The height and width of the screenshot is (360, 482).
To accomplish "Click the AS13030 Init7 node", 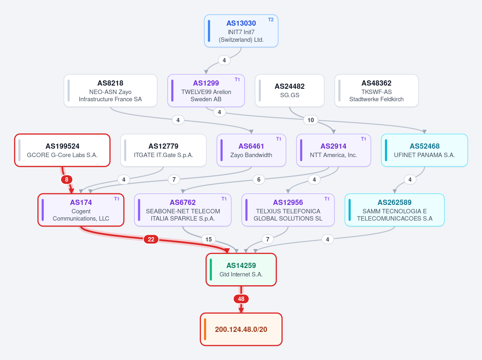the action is coord(241,31).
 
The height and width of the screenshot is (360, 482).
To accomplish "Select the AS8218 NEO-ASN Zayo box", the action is coord(111,91).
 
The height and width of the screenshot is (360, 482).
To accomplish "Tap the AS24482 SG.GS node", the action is coord(289,91).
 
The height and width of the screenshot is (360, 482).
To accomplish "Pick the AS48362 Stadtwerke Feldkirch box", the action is coord(376,91).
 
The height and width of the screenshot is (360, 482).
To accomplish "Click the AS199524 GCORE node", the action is coord(62,150).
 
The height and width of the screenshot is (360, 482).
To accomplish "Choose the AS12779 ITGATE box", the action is coord(163,150).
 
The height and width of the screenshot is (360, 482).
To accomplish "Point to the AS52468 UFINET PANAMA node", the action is coord(424,150).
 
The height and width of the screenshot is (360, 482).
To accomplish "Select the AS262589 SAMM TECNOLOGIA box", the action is coord(394,210).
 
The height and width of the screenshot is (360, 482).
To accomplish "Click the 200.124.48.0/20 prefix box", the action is coord(241,329).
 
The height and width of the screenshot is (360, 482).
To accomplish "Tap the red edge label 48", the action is coord(241,299).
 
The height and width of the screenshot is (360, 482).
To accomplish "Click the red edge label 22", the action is coord(151,239).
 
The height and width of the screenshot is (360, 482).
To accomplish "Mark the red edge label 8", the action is coord(67,179).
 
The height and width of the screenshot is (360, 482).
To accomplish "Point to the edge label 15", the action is coord(208,239).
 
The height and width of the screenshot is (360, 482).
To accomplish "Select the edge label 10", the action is coord(311,120).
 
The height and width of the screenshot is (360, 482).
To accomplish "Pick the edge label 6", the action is coord(259,179).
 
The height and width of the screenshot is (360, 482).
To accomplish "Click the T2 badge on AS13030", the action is coord(271,20).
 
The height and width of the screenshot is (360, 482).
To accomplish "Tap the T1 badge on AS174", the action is coord(117,199).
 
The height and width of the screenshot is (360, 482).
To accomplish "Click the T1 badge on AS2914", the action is coord(363,139).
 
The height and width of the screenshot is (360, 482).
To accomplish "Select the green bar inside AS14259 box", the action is coord(211,269).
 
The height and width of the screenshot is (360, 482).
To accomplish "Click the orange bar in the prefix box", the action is coord(205,329).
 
